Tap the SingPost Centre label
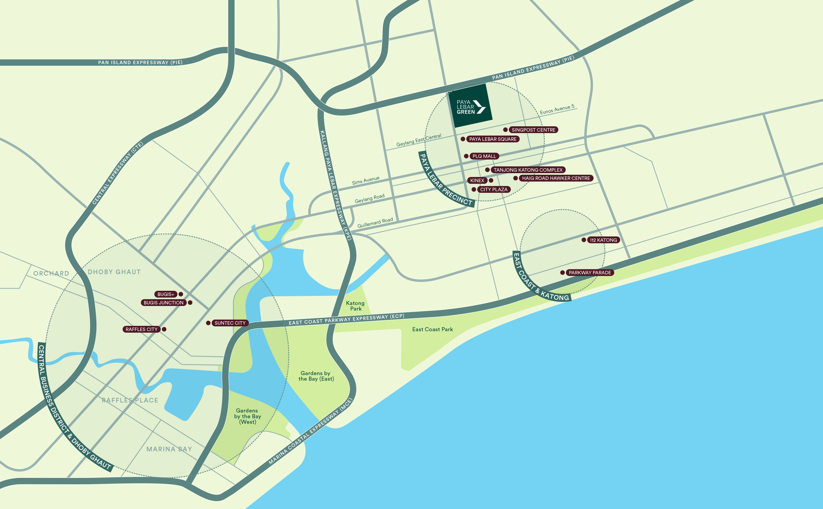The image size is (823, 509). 533,130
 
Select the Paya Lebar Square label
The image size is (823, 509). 493,139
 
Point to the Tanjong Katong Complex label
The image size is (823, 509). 528,170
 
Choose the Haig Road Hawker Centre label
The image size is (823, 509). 556,178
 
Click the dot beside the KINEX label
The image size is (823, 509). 491,180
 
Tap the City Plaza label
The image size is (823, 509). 494,189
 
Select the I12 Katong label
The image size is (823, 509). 603,240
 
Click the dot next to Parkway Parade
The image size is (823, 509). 562,273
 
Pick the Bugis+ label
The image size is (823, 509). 166,294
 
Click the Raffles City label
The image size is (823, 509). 142,329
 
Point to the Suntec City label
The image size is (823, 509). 230,323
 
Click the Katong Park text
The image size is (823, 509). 356,306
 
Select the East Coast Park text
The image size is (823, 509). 432,329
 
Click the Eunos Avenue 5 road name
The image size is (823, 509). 557,109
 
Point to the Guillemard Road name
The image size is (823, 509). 375,223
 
